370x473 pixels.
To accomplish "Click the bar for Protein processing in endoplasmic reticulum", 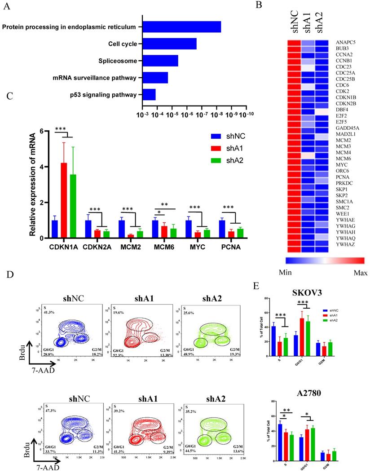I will click(x=181, y=27).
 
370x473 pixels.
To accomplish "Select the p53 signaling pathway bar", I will click(x=149, y=95).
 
